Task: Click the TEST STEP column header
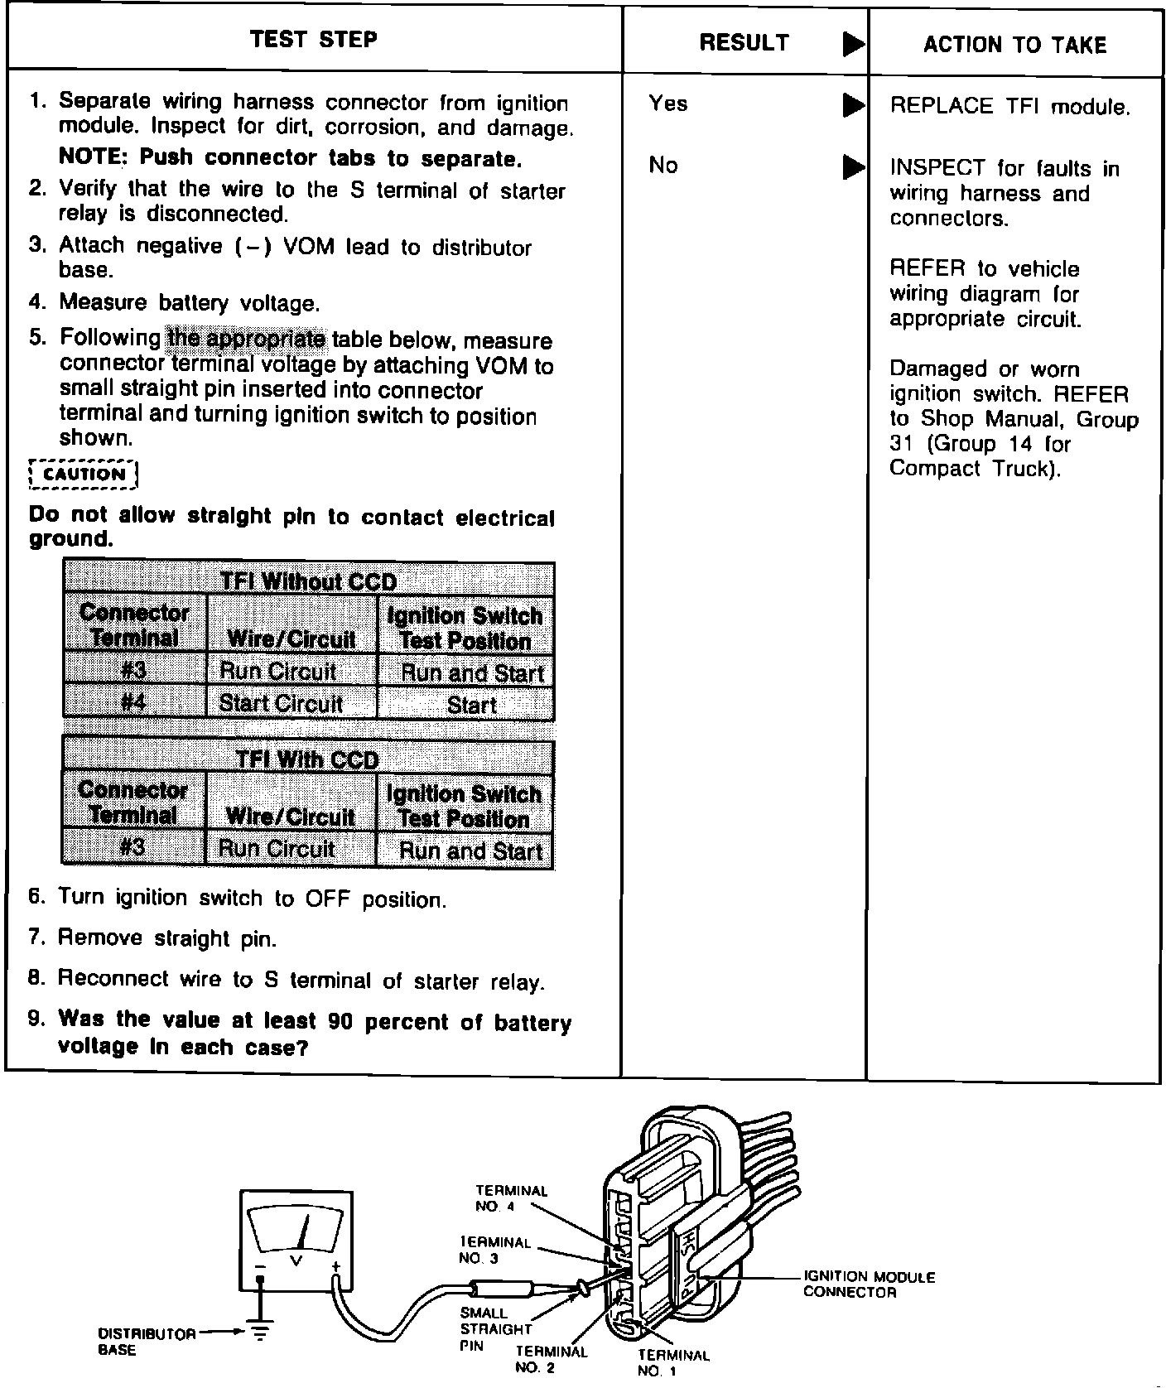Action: [313, 40]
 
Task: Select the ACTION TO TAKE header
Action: [1014, 45]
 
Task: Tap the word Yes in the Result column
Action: [667, 104]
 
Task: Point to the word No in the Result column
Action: [662, 166]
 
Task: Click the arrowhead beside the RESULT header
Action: [853, 45]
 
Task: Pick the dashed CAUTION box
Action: [83, 475]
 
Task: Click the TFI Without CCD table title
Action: [308, 581]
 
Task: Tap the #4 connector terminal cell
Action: [133, 703]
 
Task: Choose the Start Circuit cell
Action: [281, 704]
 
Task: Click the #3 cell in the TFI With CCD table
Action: [132, 848]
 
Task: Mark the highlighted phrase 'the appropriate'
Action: [247, 338]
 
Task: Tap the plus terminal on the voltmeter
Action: [336, 1268]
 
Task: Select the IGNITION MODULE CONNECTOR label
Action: [869, 1284]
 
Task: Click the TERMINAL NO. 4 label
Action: [511, 1198]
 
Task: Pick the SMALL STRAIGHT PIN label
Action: [495, 1329]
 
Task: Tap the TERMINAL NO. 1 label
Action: [673, 1362]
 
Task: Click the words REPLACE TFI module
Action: [1009, 106]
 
